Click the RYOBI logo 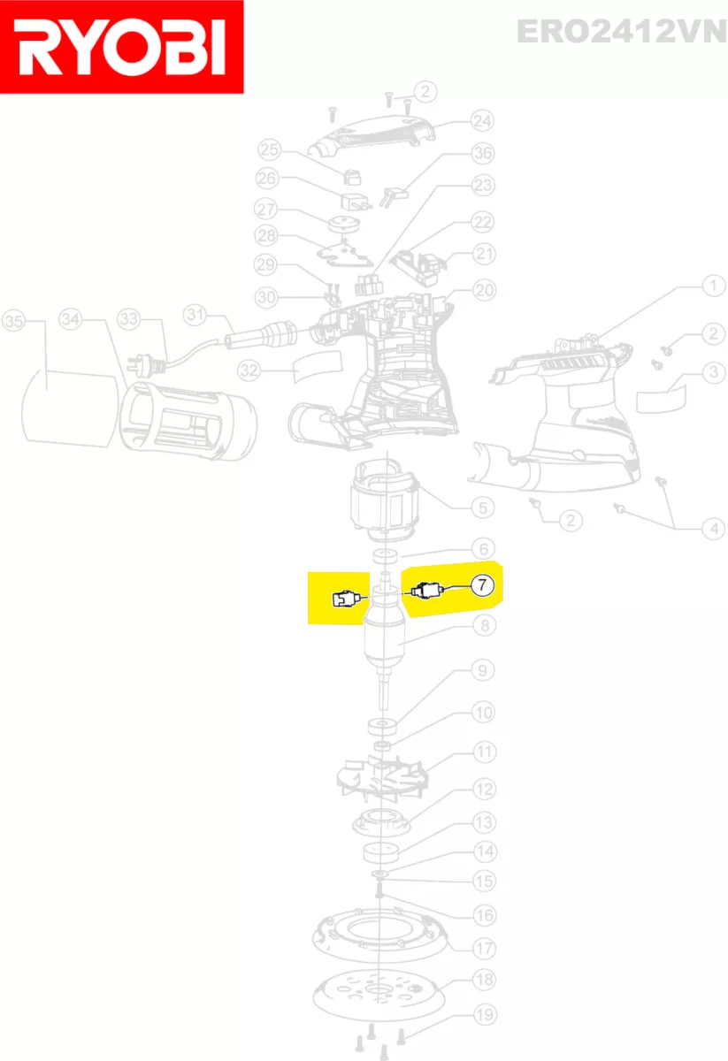pyautogui.click(x=122, y=47)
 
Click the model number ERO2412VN pyautogui.click(x=622, y=31)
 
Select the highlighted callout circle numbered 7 pyautogui.click(x=482, y=585)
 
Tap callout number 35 pyautogui.click(x=14, y=321)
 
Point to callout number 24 pyautogui.click(x=482, y=121)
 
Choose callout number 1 pyautogui.click(x=713, y=286)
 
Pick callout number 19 pyautogui.click(x=485, y=1015)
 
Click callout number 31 pyautogui.click(x=195, y=315)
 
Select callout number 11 pyautogui.click(x=485, y=752)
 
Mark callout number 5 pyautogui.click(x=482, y=508)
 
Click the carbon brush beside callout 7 pyautogui.click(x=425, y=591)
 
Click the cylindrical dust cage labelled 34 pyautogui.click(x=188, y=421)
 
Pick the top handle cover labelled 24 pyautogui.click(x=372, y=135)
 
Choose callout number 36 pyautogui.click(x=482, y=153)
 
